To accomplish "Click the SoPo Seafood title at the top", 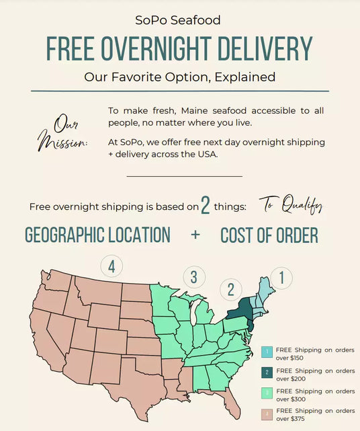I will pos(180,21).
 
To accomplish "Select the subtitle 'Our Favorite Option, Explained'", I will pos(180,77).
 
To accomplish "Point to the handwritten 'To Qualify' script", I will pos(291,205).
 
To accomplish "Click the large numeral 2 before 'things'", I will pos(205,206).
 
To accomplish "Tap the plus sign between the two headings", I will pos(195,235).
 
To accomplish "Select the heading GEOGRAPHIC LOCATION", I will pos(97,235).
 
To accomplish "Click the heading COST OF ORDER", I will pos(269,235).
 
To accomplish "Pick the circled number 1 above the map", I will pos(281,277).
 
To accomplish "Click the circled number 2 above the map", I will pos(231,289).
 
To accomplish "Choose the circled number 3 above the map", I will pos(193,276).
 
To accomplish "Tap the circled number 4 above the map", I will pos(111,266).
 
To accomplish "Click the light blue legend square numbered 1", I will pos(267,351).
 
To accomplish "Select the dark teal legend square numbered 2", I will pos(267,371).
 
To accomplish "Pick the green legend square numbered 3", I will pos(267,391).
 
